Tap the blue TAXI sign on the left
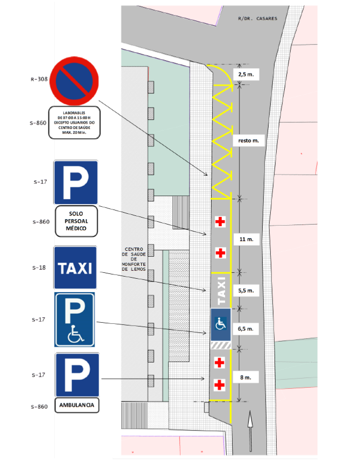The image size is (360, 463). tap(75, 268)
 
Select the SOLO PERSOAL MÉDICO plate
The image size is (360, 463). tap(76, 221)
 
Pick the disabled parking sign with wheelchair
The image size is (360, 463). tap(75, 320)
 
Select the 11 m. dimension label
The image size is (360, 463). tap(247, 240)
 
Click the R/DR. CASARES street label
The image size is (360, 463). tap(257, 18)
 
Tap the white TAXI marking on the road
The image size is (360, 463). tap(220, 291)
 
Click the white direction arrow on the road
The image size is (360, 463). tap(250, 426)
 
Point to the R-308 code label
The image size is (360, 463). tap(39, 79)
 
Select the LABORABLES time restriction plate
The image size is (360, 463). tap(75, 123)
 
